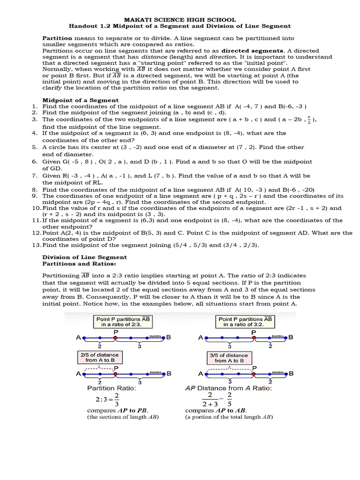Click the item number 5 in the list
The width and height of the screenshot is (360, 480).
click(x=35, y=147)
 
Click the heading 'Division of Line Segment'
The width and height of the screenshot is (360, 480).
click(x=84, y=257)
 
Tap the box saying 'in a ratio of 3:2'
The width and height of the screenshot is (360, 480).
click(x=246, y=321)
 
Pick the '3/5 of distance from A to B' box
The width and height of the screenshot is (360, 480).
click(x=229, y=357)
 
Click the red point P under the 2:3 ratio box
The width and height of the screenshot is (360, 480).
click(x=115, y=337)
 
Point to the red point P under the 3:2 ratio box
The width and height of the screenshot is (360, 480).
click(x=254, y=337)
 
